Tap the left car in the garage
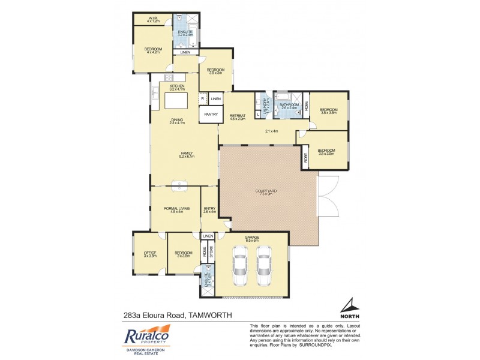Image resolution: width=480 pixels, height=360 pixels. click(240, 265)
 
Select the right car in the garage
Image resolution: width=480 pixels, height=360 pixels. click(265, 265)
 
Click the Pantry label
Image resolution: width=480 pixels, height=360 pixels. click(211, 114)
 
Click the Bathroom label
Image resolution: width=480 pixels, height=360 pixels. click(289, 106)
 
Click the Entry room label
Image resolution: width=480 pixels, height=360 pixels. click(209, 209)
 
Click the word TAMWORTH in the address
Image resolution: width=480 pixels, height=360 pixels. click(209, 314)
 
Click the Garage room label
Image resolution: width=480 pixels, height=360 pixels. click(252, 238)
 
